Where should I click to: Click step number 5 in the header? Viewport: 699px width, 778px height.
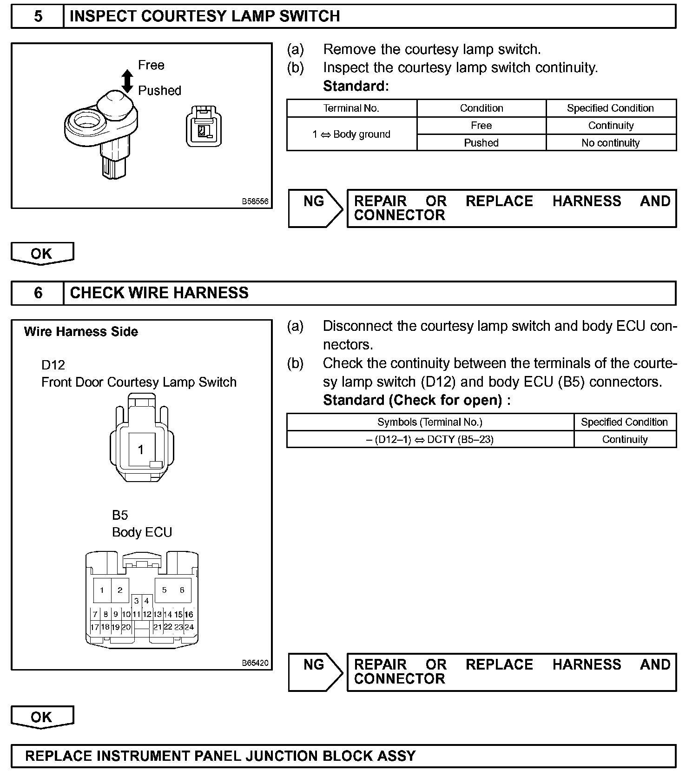pos(38,16)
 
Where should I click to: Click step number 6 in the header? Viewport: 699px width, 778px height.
pos(38,293)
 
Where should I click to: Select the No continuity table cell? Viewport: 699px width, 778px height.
pos(611,143)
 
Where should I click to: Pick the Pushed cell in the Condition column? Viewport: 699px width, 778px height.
pos(481,143)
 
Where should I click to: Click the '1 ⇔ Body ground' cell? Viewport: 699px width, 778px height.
pos(351,134)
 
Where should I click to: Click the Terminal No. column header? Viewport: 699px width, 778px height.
pos(351,108)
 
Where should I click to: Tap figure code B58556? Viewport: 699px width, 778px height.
pos(255,201)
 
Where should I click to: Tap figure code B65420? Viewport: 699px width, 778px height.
pos(255,663)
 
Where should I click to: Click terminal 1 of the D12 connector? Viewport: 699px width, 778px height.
pos(141,449)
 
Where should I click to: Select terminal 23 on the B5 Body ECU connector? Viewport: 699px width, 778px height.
pos(178,627)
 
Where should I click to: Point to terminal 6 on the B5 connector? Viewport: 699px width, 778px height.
pos(182,590)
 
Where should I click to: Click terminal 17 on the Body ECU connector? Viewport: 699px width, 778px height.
pos(95,627)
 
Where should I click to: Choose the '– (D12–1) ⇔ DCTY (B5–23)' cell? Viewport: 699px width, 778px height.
pos(430,439)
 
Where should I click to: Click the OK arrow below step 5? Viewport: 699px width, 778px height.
pos(42,254)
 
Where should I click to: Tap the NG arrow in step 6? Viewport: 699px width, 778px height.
pos(315,671)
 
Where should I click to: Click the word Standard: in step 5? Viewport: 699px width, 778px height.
pos(356,86)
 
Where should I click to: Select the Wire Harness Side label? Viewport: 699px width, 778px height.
pos(81,332)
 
